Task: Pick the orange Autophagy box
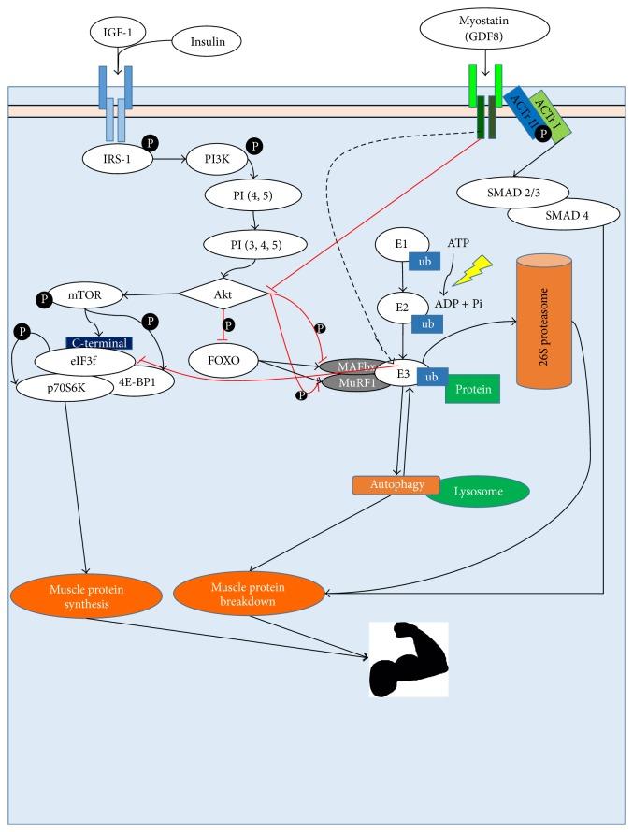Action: click(x=382, y=485)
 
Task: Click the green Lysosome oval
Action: click(x=477, y=492)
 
